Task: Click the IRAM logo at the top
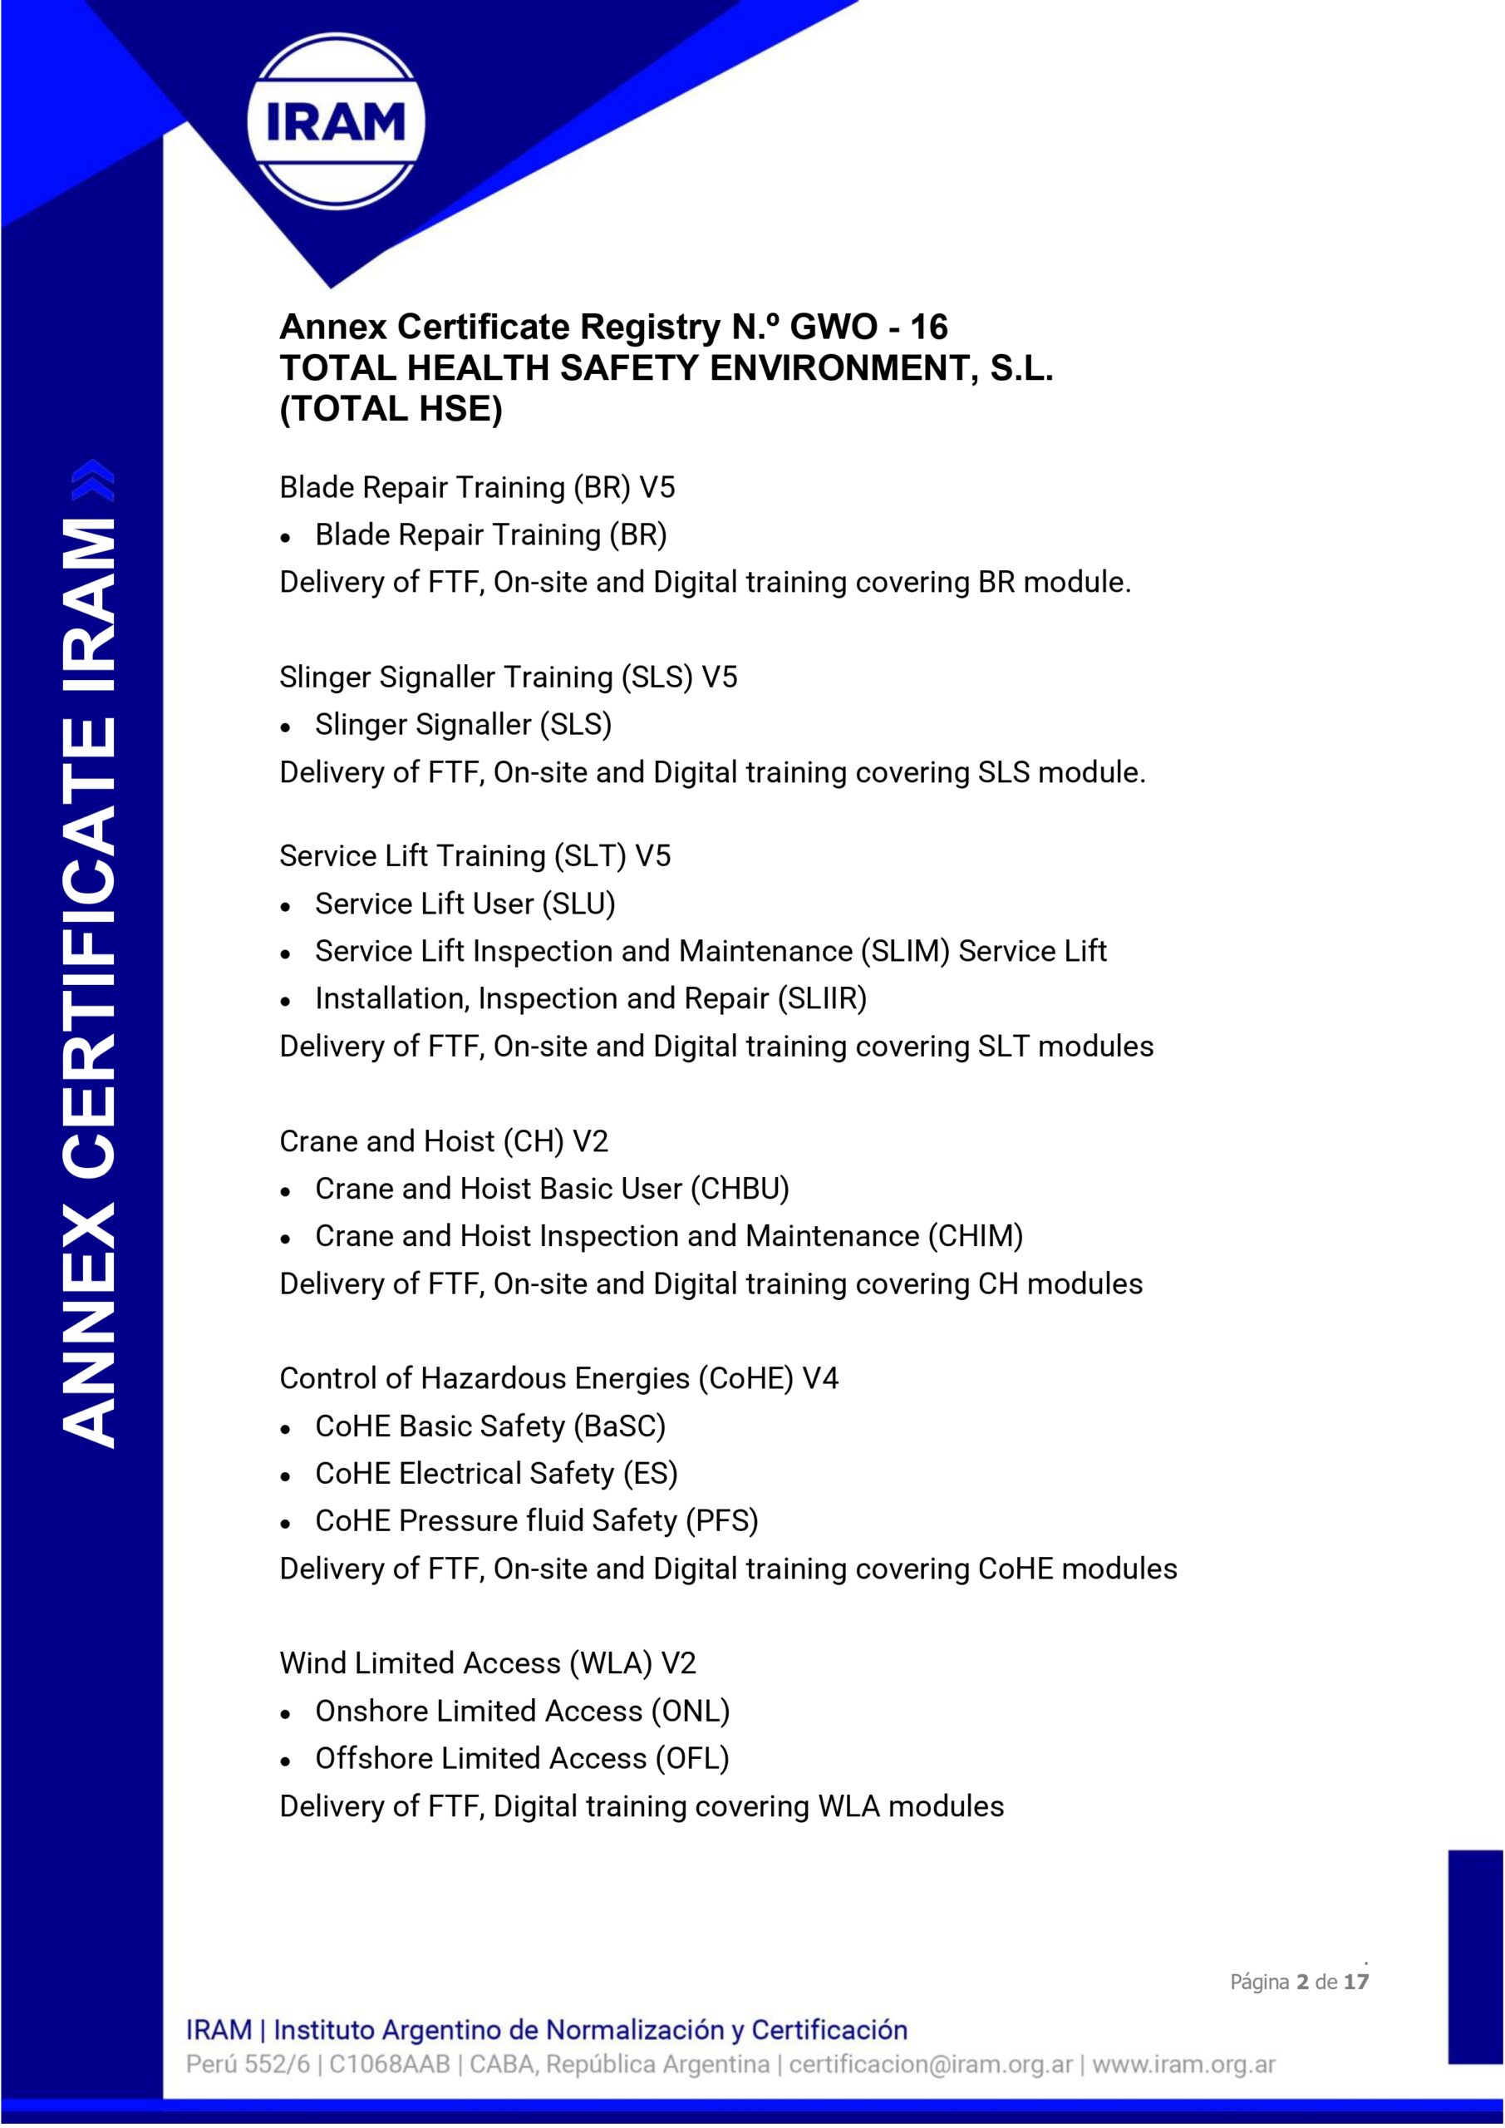click(336, 121)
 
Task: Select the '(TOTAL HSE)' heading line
click(391, 409)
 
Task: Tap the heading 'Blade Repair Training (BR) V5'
click(477, 487)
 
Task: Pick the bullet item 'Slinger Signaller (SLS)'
click(464, 725)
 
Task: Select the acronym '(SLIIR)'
click(822, 998)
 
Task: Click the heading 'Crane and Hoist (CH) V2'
click(444, 1141)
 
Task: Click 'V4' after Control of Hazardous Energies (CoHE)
click(820, 1378)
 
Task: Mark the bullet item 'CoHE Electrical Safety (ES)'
click(497, 1473)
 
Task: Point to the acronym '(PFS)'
click(721, 1520)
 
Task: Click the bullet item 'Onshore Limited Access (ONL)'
click(523, 1710)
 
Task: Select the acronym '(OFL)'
click(691, 1757)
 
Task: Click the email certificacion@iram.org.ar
click(931, 2064)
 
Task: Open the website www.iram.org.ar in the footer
click(1183, 2064)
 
